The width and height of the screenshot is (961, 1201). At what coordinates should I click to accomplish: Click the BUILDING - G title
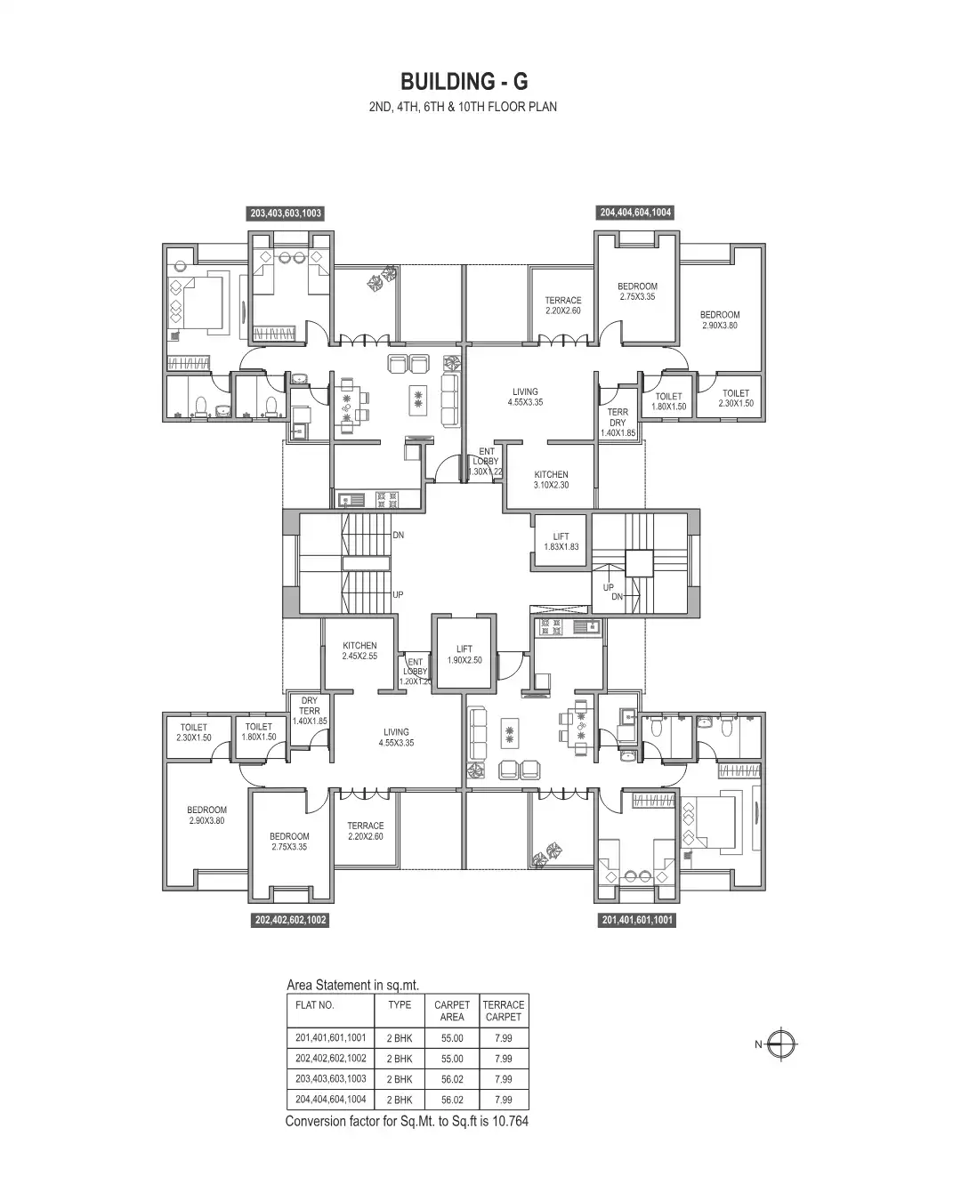pyautogui.click(x=464, y=81)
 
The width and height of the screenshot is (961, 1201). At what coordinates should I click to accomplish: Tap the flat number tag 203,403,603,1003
pyautogui.click(x=286, y=214)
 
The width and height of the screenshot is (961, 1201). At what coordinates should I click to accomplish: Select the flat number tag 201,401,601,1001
pyautogui.click(x=637, y=921)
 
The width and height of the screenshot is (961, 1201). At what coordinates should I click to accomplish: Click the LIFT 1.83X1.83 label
pyautogui.click(x=561, y=542)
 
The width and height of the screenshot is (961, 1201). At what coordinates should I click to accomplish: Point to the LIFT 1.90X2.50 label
pyautogui.click(x=464, y=655)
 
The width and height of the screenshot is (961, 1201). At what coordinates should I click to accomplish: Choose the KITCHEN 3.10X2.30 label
pyautogui.click(x=551, y=480)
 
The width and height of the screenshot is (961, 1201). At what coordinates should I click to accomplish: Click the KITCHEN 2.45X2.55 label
pyautogui.click(x=359, y=650)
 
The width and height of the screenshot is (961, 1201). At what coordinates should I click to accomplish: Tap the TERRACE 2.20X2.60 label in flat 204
pyautogui.click(x=562, y=305)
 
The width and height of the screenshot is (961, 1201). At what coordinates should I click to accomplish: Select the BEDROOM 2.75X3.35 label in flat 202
pyautogui.click(x=289, y=842)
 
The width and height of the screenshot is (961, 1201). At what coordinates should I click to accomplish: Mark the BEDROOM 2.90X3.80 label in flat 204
pyautogui.click(x=719, y=320)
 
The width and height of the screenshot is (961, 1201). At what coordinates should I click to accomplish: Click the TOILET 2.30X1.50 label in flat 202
pyautogui.click(x=193, y=732)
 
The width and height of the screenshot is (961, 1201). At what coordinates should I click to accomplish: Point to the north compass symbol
pyautogui.click(x=784, y=1044)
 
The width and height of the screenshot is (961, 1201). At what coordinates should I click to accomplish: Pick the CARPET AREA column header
pyautogui.click(x=452, y=1011)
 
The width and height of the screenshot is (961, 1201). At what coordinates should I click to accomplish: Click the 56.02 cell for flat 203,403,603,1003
pyautogui.click(x=452, y=1079)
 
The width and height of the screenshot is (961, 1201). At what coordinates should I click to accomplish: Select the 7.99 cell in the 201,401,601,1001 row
pyautogui.click(x=503, y=1038)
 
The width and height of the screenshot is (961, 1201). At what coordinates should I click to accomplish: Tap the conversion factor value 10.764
pyautogui.click(x=509, y=1121)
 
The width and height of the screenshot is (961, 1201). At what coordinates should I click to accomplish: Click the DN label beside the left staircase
pyautogui.click(x=398, y=536)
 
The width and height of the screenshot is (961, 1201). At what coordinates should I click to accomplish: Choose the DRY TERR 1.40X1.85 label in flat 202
pyautogui.click(x=310, y=711)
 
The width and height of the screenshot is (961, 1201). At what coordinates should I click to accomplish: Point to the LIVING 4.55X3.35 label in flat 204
pyautogui.click(x=525, y=397)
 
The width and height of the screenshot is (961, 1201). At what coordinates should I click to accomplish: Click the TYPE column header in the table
pyautogui.click(x=400, y=1004)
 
